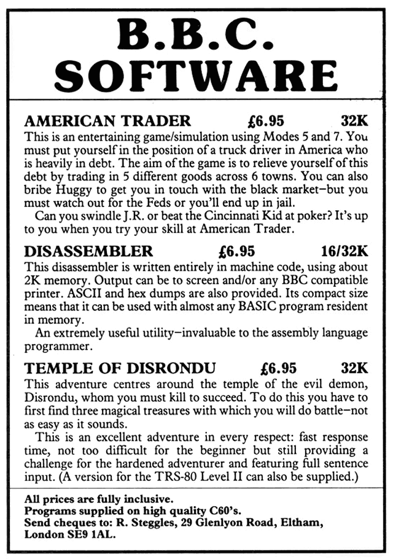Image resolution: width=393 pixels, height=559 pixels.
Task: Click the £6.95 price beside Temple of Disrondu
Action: (279, 369)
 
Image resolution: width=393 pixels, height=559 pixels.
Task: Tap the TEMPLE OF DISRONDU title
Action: (120, 369)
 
